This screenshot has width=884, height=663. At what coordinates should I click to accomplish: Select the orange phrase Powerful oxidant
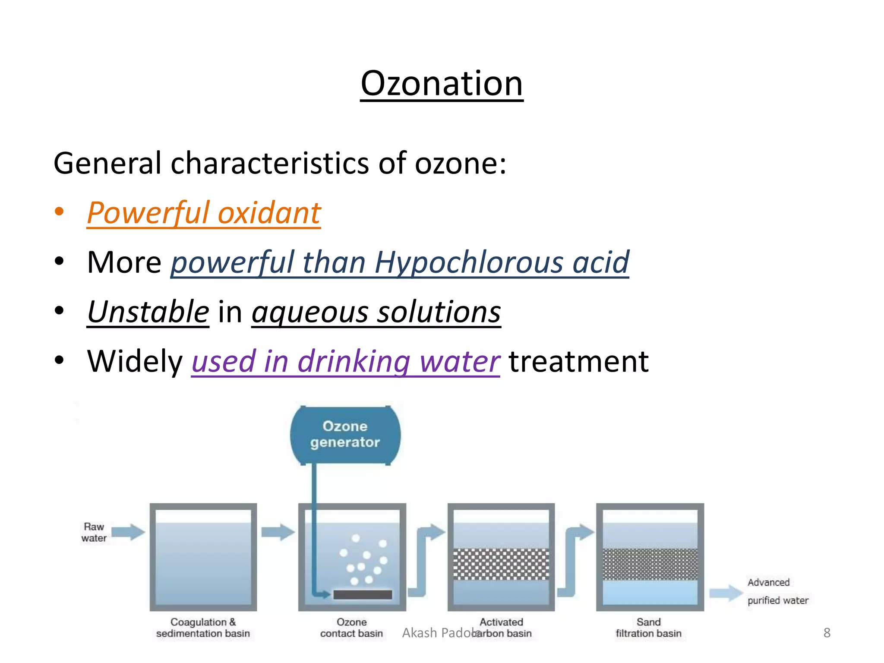pos(204,213)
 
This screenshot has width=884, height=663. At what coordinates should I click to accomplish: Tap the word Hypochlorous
pos(469,262)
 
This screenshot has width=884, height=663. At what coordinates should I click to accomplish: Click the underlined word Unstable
pos(148,312)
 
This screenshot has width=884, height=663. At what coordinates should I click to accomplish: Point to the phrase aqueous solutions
pos(376,312)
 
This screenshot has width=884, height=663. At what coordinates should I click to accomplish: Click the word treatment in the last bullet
pos(578,361)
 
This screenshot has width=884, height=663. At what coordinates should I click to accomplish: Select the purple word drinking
pos(354,361)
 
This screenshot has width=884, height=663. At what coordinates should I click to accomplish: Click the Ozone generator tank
pos(345,435)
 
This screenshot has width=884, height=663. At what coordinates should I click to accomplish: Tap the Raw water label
pos(94,532)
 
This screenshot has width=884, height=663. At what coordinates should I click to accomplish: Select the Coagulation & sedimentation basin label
pos(203,628)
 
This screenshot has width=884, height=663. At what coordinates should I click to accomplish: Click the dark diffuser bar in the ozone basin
pos(363,595)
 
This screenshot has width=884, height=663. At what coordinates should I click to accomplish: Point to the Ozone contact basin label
pos(351,628)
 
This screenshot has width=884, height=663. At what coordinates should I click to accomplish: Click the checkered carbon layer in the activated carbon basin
pos(501,564)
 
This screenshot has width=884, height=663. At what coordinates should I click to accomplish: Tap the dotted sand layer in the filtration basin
pos(650,564)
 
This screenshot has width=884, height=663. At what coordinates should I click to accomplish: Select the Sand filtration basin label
pos(648,628)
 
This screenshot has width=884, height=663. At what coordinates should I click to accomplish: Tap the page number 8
pos(827,633)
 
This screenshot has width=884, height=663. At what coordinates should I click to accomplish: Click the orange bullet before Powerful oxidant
pos(59,212)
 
